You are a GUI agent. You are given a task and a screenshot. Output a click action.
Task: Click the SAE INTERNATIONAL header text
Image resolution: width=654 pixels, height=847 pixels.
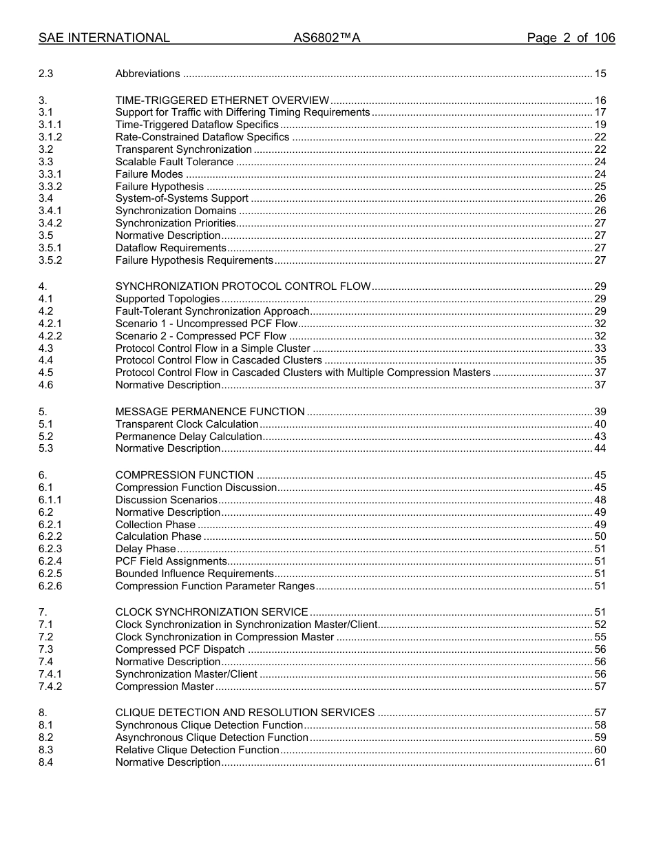tap(104, 38)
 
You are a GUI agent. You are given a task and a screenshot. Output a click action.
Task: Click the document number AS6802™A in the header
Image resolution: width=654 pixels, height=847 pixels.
tap(327, 38)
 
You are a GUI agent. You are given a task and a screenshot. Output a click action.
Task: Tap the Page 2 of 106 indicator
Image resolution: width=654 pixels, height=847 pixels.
tap(571, 38)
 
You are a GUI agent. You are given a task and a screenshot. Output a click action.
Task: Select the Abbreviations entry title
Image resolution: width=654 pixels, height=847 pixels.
tap(147, 74)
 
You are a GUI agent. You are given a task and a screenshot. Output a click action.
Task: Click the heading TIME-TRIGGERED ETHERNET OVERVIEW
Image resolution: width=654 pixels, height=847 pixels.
tap(222, 101)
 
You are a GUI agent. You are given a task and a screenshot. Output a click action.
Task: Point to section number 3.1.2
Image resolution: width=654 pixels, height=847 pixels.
tap(50, 137)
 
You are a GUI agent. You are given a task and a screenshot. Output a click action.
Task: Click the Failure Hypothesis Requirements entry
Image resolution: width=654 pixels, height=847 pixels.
tap(194, 260)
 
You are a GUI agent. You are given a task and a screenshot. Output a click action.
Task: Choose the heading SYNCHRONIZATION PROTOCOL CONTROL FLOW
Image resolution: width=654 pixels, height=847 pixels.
tap(243, 286)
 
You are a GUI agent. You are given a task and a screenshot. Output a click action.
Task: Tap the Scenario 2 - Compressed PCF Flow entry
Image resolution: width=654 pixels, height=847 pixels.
tap(201, 336)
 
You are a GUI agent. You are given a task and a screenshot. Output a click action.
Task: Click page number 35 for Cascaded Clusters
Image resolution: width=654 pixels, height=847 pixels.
tap(600, 360)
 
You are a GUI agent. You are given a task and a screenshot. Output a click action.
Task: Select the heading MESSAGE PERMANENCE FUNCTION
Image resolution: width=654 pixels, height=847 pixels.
tap(210, 412)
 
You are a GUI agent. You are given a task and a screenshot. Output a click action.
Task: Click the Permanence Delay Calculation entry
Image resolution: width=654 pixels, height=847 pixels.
tap(189, 437)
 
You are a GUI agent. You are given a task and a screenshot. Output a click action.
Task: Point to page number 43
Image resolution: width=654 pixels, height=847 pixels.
tap(600, 437)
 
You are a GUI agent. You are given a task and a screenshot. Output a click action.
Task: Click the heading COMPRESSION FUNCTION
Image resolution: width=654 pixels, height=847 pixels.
tap(184, 475)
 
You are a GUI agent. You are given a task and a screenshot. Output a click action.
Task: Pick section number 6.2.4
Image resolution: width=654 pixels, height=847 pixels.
tap(50, 561)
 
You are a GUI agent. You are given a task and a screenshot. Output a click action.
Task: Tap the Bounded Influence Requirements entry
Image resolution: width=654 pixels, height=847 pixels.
tap(195, 574)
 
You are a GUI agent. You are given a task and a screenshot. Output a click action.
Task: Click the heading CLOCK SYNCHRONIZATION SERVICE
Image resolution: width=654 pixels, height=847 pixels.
tap(211, 612)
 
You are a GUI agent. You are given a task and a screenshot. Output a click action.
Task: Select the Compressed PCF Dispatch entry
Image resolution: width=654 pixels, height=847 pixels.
tap(180, 649)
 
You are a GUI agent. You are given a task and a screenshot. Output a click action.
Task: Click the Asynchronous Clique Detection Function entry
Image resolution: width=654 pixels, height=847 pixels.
tap(212, 738)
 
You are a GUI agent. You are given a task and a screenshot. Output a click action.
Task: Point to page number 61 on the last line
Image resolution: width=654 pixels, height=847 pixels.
tap(600, 762)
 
